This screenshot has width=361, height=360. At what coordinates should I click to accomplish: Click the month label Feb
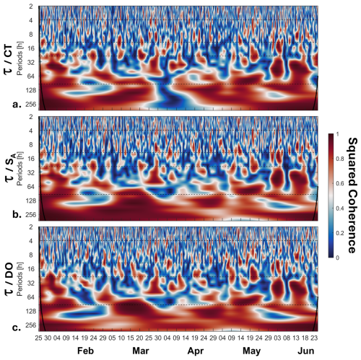click(85, 351)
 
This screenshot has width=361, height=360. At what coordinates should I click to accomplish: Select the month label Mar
click(141, 351)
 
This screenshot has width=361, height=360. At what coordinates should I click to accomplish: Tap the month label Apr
click(196, 351)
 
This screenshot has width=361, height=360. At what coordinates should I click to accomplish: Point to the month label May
click(251, 351)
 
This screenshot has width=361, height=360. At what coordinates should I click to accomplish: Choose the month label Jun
click(306, 351)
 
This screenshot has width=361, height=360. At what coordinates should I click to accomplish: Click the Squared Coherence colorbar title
click(352, 196)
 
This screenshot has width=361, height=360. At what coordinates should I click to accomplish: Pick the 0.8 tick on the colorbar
click(340, 159)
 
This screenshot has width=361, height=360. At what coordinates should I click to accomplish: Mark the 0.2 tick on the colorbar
click(340, 233)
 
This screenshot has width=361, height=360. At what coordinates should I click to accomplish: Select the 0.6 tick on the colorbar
click(340, 184)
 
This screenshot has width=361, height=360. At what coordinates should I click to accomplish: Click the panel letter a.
click(16, 105)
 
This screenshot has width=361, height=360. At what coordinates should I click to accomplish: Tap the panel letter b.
click(17, 214)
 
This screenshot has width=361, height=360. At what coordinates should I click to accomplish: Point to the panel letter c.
click(16, 328)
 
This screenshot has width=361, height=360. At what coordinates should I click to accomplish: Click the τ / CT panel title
click(8, 58)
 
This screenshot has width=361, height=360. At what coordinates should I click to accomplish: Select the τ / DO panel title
click(8, 279)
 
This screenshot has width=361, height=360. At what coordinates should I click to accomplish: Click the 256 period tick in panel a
click(31, 105)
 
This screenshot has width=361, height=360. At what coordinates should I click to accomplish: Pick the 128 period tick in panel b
click(31, 201)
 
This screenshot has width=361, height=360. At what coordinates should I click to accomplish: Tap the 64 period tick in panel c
click(31, 297)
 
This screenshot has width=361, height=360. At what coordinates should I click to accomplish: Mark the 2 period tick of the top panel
click(31, 6)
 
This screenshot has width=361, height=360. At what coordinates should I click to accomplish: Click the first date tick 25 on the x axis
click(39, 338)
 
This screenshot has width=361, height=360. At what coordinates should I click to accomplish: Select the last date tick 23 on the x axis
click(314, 338)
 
